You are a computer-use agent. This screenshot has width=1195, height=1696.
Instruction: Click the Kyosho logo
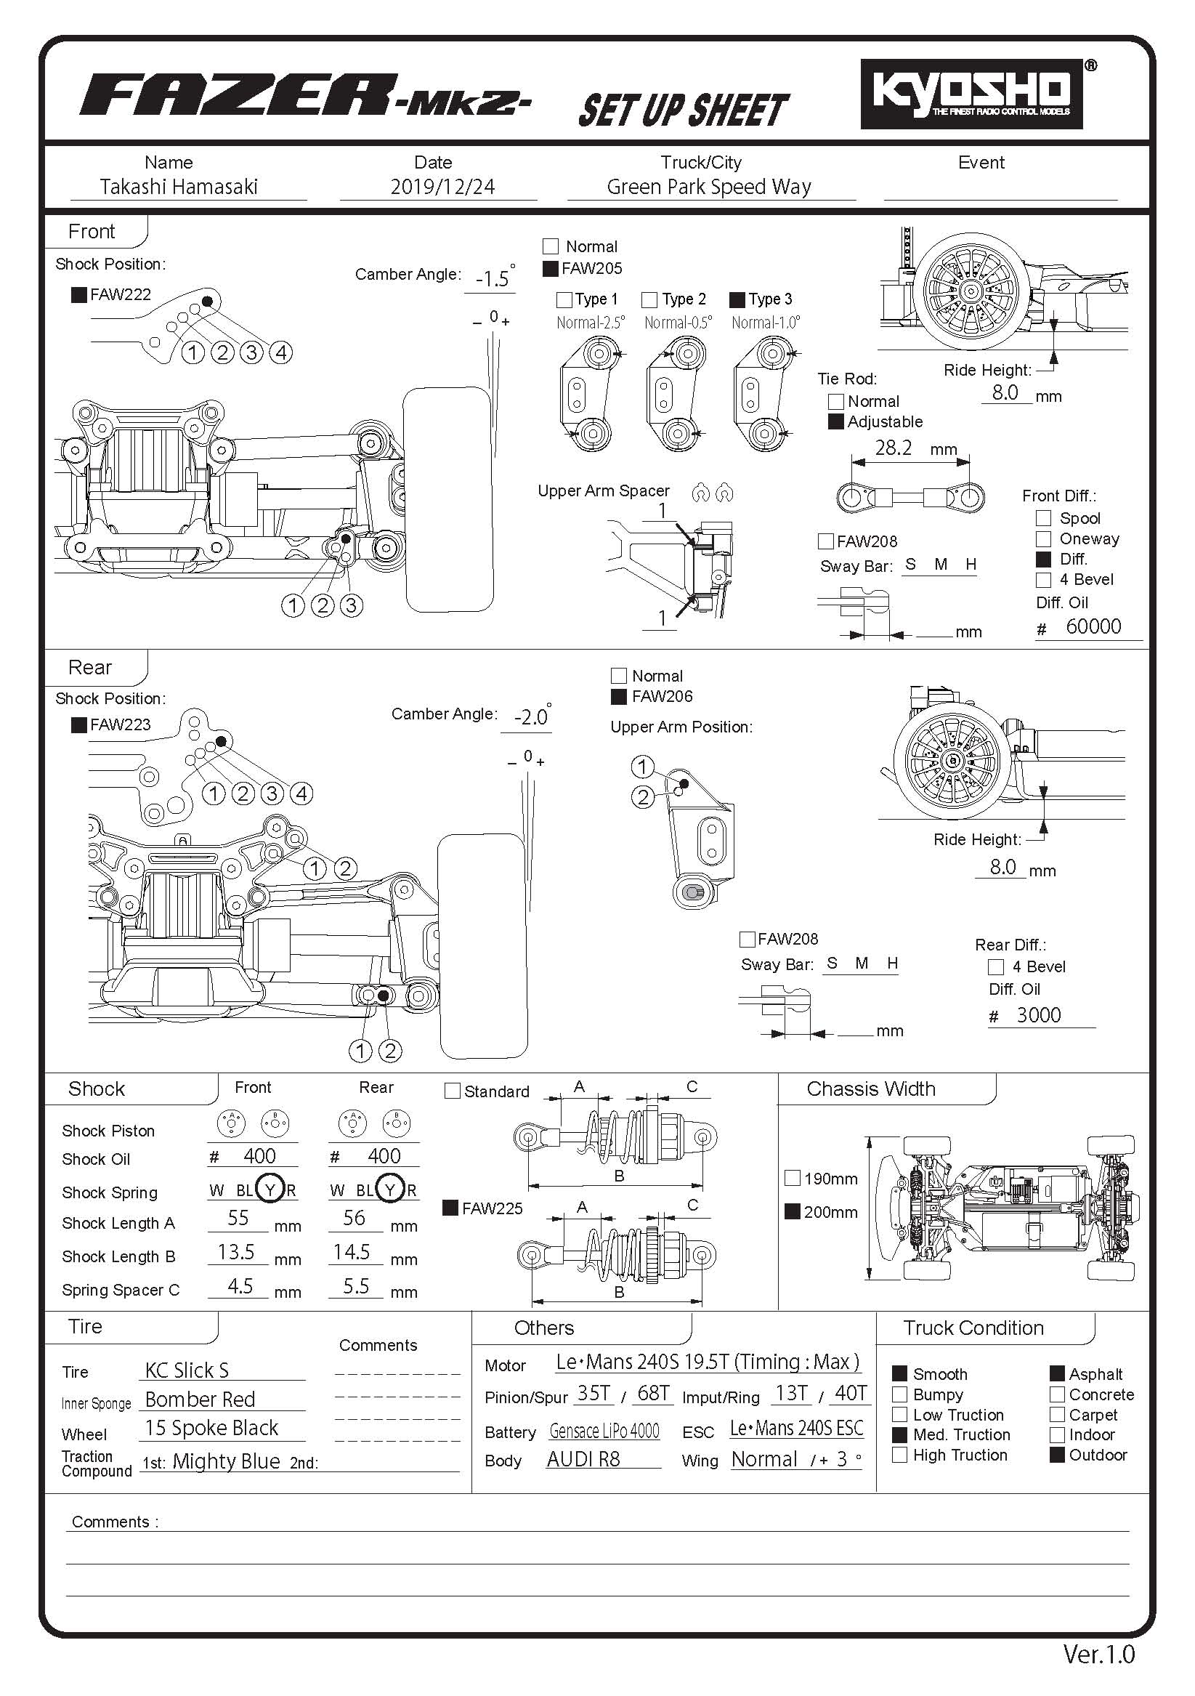pos(971,93)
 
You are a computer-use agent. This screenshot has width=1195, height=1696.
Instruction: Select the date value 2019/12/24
pos(442,187)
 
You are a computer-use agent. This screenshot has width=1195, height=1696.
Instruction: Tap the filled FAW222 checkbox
pos(79,295)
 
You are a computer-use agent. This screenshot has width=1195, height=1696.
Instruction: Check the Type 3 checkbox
pos(737,300)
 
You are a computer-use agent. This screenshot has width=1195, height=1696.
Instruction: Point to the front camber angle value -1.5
pos(493,279)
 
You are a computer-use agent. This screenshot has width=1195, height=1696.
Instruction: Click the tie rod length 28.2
pos(893,448)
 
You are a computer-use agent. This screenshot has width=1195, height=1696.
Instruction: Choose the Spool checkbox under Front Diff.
pos(1044,519)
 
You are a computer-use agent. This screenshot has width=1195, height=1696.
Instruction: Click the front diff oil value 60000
pos(1093,626)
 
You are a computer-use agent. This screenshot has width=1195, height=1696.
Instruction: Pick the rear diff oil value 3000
pos(1038,1015)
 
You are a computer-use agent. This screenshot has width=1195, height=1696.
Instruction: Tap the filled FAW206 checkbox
pos(619,697)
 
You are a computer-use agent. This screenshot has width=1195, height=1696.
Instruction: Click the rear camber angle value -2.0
pos(531,717)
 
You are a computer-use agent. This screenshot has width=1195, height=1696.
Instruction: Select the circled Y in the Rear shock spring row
pos(389,1190)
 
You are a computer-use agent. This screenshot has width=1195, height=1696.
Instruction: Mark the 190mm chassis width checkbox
pos(793,1178)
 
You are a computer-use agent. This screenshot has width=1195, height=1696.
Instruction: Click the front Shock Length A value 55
pos(238,1218)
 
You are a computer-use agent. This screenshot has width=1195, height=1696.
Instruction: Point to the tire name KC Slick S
pos(187,1370)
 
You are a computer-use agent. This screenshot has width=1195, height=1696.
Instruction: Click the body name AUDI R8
pos(583,1459)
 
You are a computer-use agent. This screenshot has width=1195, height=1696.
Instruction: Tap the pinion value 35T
pos(594,1393)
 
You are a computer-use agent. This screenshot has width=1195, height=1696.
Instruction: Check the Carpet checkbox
pos(1057,1415)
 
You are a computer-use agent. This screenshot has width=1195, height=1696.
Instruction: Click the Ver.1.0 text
pos(1098,1654)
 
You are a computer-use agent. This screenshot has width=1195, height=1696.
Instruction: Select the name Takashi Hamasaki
pos(179,187)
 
